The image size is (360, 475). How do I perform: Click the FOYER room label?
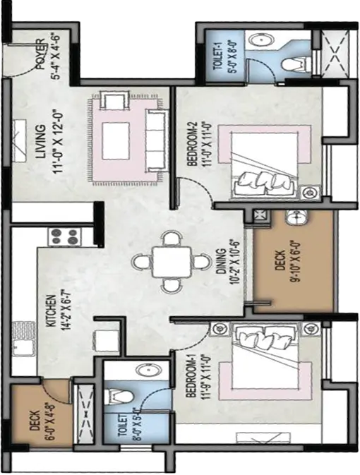(41, 54)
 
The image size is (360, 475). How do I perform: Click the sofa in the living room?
(157, 140)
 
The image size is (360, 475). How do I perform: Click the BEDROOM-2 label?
(192, 144)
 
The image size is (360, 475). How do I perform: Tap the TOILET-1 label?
(219, 56)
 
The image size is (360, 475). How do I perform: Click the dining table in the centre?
(172, 262)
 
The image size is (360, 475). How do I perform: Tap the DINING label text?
(222, 262)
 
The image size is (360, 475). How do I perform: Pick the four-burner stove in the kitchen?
(64, 236)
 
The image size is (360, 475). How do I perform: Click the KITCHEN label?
(51, 311)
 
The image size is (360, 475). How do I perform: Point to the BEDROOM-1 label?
(191, 375)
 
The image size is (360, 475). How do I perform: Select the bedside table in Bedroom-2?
(309, 193)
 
